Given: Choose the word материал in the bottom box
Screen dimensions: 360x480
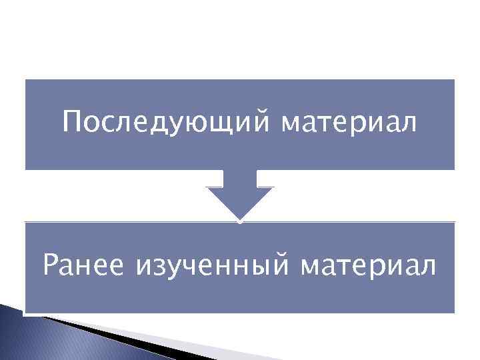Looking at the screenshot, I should coord(369,267).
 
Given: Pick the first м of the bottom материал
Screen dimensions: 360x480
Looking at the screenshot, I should coord(311,268).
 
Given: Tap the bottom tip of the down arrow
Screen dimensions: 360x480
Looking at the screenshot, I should coord(240,218).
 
